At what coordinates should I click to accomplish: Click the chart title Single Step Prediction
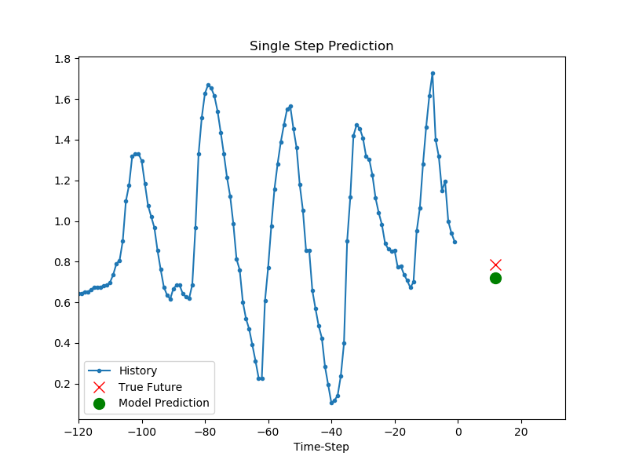pos(321,46)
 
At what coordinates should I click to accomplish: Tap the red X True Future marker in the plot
pos(495,265)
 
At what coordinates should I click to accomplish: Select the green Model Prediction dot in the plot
pos(495,279)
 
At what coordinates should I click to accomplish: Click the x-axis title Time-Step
pos(321,447)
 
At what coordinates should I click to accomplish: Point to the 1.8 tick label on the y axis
pos(63,59)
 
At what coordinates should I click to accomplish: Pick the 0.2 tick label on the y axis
pos(63,384)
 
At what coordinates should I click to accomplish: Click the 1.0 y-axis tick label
pos(63,221)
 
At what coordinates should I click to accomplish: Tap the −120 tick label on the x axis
pos(79,433)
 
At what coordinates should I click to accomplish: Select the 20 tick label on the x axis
pos(521,433)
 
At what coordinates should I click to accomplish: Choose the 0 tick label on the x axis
pos(458,433)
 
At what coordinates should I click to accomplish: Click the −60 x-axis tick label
pos(268,433)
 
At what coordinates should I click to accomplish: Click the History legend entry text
pos(138,371)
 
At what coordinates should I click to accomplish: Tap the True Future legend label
pos(150,387)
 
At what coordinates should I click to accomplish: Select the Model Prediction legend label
pos(164,403)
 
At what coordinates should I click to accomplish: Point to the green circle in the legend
pos(100,403)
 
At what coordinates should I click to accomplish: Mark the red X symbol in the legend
pos(100,387)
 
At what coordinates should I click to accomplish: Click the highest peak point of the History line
pos(433,74)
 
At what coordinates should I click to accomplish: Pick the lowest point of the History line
pos(331,403)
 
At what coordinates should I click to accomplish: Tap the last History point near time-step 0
pos(455,242)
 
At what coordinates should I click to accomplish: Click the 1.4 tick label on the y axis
pos(63,141)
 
